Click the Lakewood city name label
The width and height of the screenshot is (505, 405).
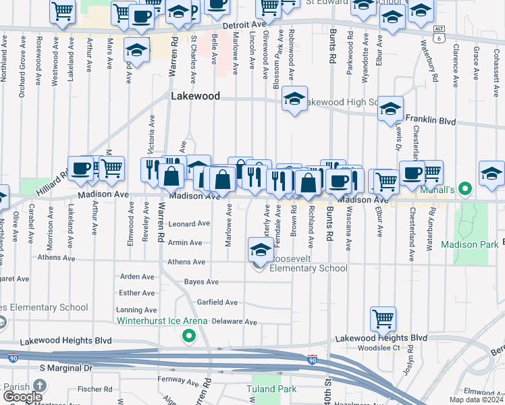[x=195, y=97]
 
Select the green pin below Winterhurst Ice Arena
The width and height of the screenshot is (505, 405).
[x=189, y=335]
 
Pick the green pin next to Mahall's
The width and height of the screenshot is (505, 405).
[x=464, y=190]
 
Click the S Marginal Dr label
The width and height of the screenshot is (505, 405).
[x=65, y=368]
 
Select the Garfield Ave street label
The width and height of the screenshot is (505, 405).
[x=217, y=302]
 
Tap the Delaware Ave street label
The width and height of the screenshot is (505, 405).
[x=234, y=323]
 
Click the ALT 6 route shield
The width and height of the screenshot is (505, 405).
[x=440, y=33]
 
